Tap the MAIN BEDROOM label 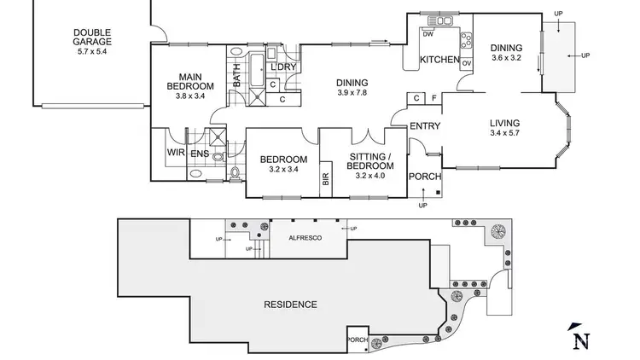[189, 81]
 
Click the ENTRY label [424, 126]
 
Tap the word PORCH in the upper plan [425, 177]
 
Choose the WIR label [176, 154]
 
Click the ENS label [200, 154]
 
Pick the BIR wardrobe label [325, 178]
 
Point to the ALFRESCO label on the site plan [305, 237]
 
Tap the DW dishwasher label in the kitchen [428, 33]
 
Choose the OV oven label [466, 63]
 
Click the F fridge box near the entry [433, 98]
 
